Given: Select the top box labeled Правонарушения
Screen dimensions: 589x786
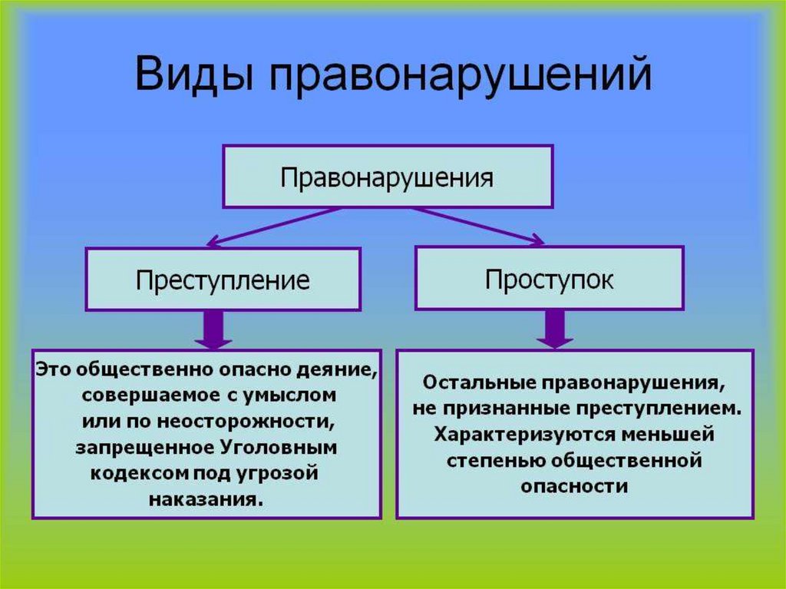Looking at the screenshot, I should pos(387,176).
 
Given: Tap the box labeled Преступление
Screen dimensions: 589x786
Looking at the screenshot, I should pos(223,279).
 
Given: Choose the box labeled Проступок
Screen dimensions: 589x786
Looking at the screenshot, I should pos(549,278).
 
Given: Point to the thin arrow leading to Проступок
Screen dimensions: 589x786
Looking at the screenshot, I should pos(476,225).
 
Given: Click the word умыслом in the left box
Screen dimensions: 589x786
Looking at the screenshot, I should pos(297,395).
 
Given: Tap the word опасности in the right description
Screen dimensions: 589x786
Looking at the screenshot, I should pos(574,486).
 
